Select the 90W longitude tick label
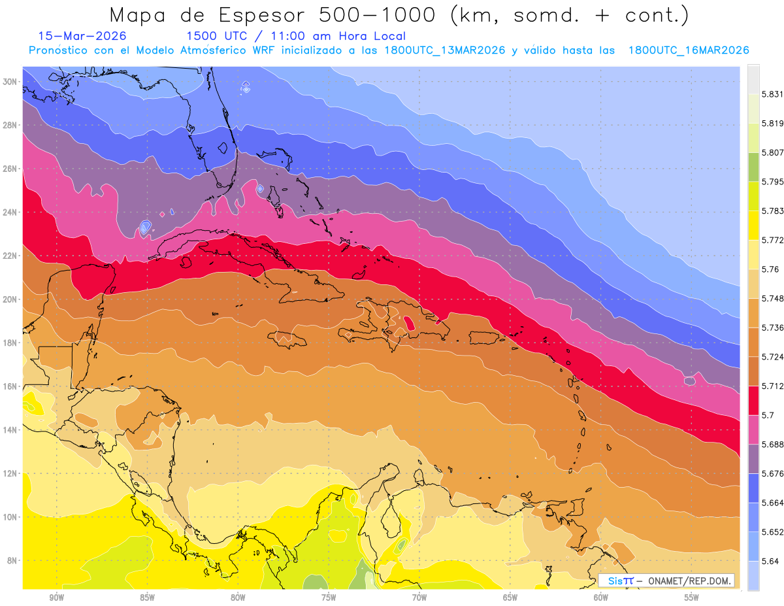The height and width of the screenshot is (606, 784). point(56,598)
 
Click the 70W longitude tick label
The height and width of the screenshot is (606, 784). point(419,598)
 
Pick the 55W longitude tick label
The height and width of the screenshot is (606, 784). point(692,598)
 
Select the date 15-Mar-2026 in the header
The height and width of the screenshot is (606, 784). point(82,36)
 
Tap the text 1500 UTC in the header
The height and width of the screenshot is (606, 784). point(212,36)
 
